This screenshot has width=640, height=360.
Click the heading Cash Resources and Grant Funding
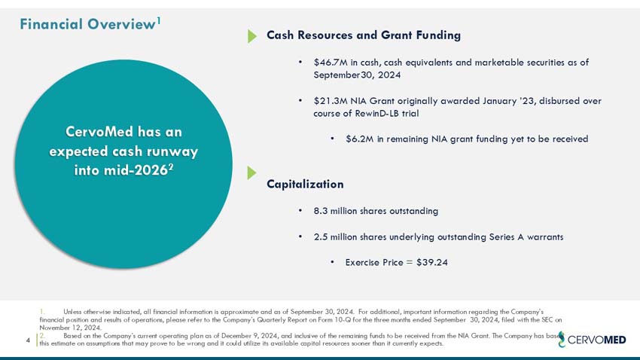point(364,35)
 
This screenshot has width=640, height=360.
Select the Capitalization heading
point(305,184)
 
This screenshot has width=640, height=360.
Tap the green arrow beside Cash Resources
point(252,36)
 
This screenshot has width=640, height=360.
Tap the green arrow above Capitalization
point(252,173)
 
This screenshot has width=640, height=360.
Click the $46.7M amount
point(329,62)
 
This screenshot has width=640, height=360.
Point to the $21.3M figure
point(329,100)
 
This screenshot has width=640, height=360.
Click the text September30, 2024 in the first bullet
point(357,75)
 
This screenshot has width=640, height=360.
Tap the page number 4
point(28,340)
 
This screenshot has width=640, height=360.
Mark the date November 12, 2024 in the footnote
point(69,328)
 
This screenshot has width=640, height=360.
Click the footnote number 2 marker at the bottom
point(42,336)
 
